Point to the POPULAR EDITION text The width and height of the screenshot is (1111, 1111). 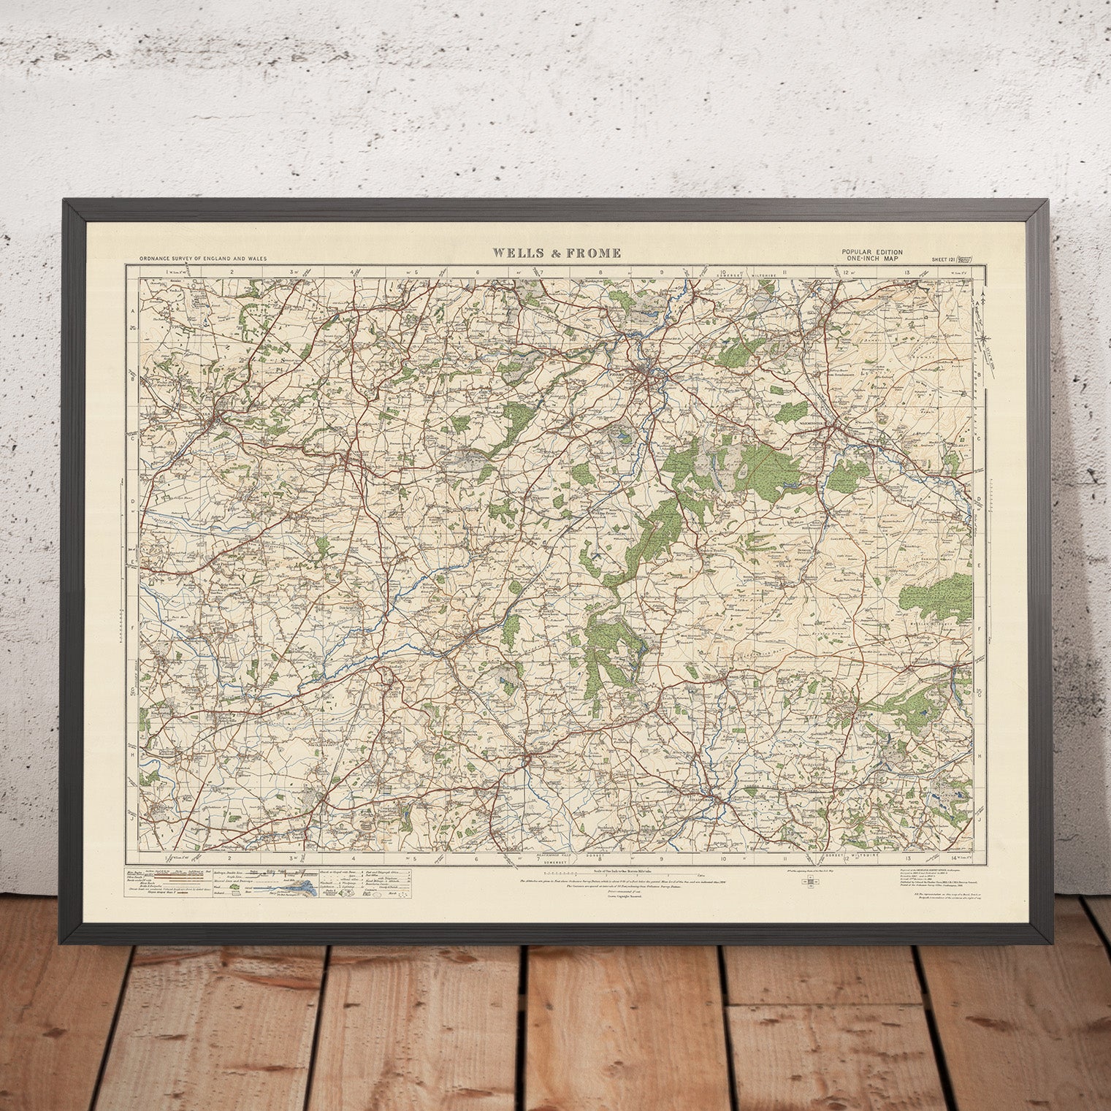pos(872,252)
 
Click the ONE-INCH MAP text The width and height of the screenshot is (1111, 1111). pos(872,258)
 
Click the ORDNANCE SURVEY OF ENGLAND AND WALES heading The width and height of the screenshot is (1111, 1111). pos(192,259)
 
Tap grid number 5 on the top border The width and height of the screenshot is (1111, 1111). pos(416,272)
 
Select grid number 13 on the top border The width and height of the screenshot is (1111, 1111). pos(907,272)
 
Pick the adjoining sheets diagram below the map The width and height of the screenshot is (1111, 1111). pos(810,882)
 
